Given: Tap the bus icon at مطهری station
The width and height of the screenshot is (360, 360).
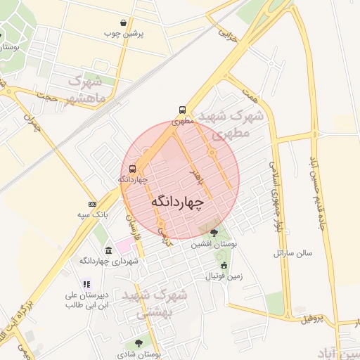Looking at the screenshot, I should (x=183, y=110).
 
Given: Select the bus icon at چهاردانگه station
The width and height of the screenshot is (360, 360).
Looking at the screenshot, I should (x=133, y=169).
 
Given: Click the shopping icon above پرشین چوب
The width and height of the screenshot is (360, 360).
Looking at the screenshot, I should (x=124, y=22).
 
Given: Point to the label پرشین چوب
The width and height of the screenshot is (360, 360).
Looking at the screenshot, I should (x=124, y=33).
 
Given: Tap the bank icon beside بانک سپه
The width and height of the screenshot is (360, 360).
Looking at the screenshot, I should (x=93, y=203).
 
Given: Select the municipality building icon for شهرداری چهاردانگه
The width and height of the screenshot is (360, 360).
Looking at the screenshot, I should (x=108, y=250).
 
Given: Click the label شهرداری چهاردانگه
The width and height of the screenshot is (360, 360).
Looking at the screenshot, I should (x=109, y=261).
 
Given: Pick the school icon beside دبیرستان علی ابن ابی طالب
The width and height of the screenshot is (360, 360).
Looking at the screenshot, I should (x=86, y=285).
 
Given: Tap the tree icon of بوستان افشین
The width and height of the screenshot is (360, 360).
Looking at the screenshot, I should (x=214, y=233).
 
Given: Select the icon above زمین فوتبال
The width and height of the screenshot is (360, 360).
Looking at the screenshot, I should (x=224, y=265).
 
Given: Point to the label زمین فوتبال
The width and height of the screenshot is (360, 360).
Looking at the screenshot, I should (x=224, y=276).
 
